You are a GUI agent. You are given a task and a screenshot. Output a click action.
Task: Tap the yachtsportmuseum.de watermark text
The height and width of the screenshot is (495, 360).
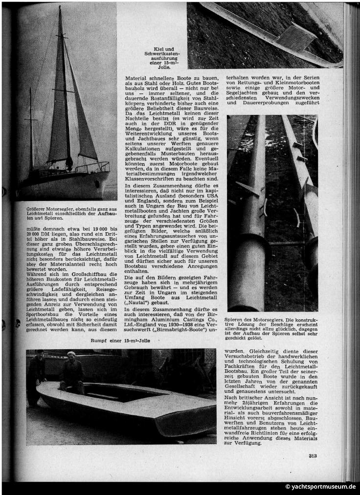(321, 487)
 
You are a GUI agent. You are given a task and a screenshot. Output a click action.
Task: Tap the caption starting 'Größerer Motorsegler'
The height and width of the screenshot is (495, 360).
(67, 212)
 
